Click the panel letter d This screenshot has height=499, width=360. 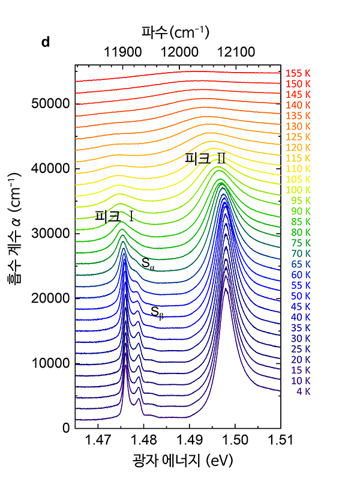click(45, 43)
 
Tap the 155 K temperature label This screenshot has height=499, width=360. click(298, 74)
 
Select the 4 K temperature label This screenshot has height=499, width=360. click(303, 392)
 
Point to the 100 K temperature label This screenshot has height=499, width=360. click(298, 190)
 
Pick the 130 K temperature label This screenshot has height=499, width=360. click(298, 126)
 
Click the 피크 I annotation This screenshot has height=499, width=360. click(114, 217)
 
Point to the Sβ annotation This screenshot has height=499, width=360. click(157, 312)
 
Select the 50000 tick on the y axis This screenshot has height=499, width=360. click(50, 104)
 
